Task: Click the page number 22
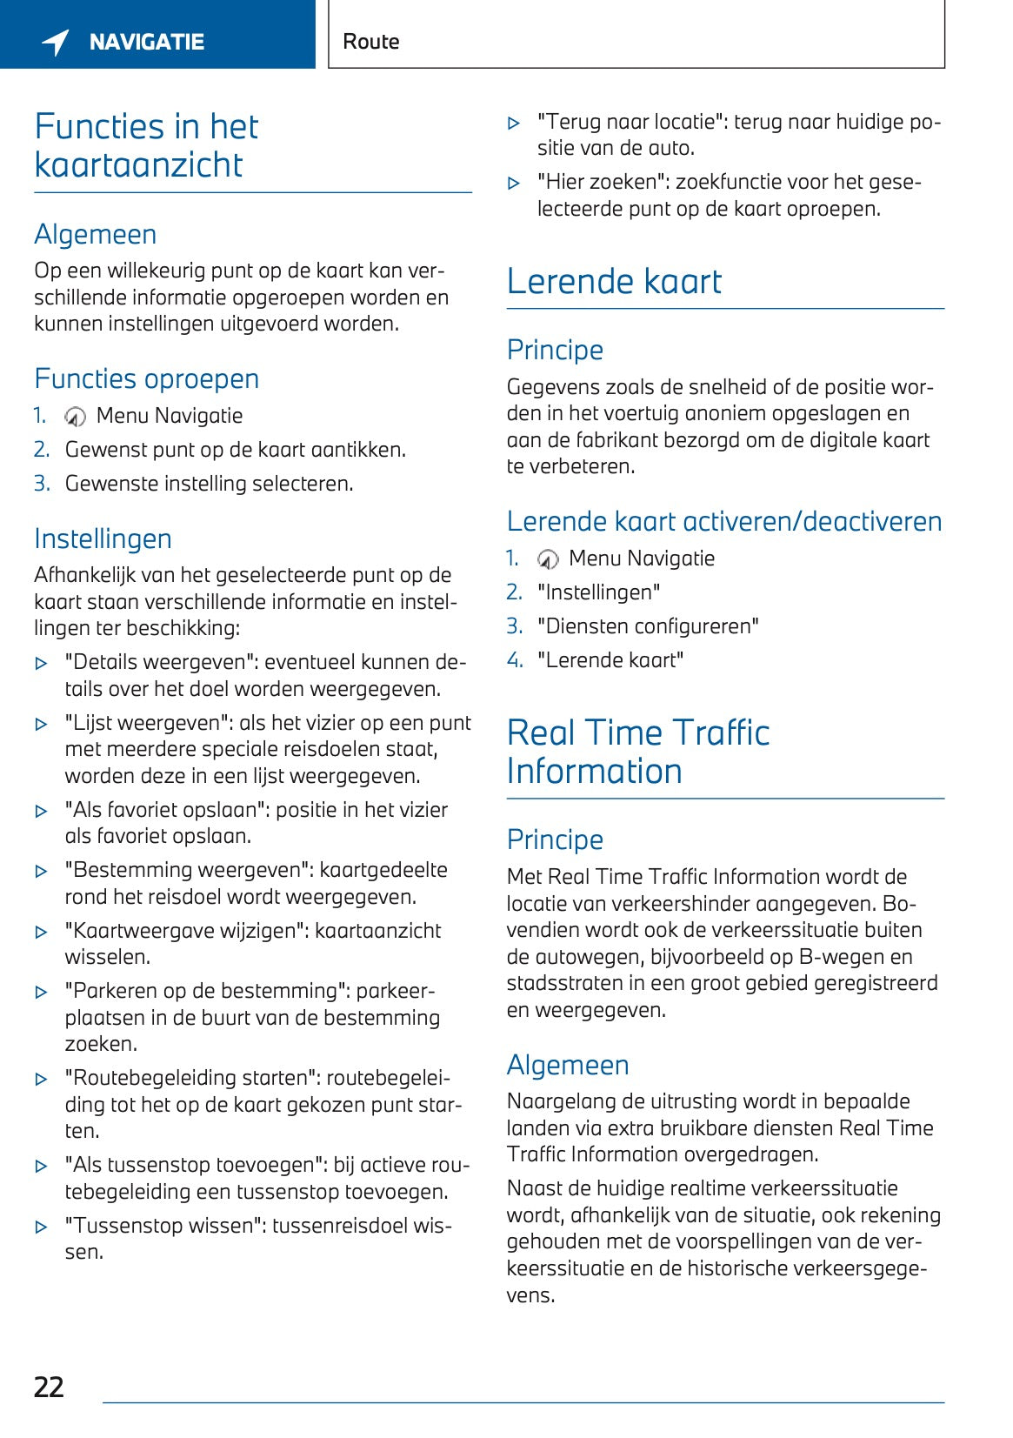(49, 1386)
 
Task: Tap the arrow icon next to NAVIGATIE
(56, 42)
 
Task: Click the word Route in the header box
(371, 42)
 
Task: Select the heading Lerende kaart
(614, 282)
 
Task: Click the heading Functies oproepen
(147, 379)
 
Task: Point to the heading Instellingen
(103, 539)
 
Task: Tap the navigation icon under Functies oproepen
(76, 417)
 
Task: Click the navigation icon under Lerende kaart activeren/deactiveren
(548, 559)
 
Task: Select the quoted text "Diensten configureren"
(648, 626)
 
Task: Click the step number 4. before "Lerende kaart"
(515, 660)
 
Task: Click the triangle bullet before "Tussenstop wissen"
(41, 1227)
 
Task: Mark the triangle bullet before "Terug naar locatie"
(514, 124)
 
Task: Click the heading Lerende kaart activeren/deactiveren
(724, 522)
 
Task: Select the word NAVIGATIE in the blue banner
(147, 42)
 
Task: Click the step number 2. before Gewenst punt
(42, 450)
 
